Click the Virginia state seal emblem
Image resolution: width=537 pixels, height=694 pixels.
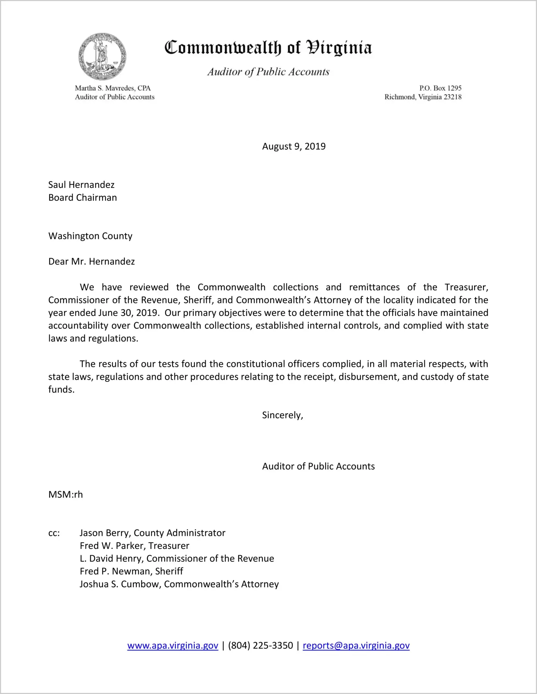click(102, 57)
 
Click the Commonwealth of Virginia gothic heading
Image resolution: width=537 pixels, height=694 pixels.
click(268, 48)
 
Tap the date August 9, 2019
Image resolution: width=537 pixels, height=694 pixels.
click(294, 146)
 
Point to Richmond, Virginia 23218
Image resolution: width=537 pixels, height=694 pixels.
click(423, 97)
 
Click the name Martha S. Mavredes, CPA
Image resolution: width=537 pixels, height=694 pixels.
click(113, 88)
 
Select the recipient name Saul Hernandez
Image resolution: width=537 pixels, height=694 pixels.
click(81, 185)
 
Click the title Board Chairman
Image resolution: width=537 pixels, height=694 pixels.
click(83, 198)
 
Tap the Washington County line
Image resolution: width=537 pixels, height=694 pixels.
click(90, 236)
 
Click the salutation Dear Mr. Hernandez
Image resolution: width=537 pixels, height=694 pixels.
click(91, 262)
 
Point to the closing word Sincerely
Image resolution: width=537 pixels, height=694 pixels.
click(283, 415)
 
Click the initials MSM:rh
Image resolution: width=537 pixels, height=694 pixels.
click(65, 495)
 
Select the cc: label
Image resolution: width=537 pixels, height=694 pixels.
click(54, 533)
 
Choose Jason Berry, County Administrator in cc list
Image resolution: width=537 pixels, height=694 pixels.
click(152, 533)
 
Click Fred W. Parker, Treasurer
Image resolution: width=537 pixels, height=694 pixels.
click(134, 546)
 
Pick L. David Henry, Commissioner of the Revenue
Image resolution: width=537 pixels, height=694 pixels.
click(177, 559)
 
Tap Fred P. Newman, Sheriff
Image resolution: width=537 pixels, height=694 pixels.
click(131, 571)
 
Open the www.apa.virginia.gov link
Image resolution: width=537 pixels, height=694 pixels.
click(173, 645)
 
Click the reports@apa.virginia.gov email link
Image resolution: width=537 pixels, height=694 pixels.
click(356, 645)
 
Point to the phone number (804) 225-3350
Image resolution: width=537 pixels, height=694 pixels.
click(260, 645)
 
